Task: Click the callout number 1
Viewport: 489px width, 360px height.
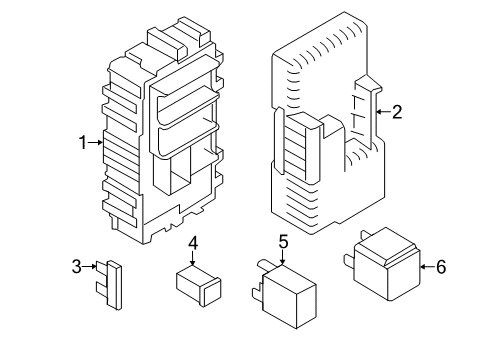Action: click(x=83, y=143)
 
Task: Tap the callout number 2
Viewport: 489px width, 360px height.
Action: click(x=397, y=112)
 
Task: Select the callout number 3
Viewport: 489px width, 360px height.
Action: click(x=77, y=267)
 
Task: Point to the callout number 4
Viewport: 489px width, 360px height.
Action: click(x=193, y=243)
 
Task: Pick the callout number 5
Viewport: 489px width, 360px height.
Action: click(x=283, y=242)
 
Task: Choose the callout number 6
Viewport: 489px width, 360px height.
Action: click(x=441, y=267)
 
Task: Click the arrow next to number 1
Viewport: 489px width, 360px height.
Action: click(x=96, y=143)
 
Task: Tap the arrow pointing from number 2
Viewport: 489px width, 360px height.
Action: click(x=383, y=112)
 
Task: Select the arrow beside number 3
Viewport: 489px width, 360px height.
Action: click(x=89, y=267)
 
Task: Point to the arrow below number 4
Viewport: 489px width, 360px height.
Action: click(x=193, y=259)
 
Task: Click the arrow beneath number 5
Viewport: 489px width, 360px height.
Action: click(x=283, y=257)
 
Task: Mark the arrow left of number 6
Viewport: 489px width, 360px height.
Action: click(x=427, y=267)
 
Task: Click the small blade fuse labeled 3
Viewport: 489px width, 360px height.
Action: click(x=109, y=285)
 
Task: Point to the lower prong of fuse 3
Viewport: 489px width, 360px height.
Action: click(x=101, y=288)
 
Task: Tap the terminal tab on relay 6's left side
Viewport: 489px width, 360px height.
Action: click(x=349, y=261)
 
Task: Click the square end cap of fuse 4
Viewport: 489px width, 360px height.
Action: click(x=211, y=291)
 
